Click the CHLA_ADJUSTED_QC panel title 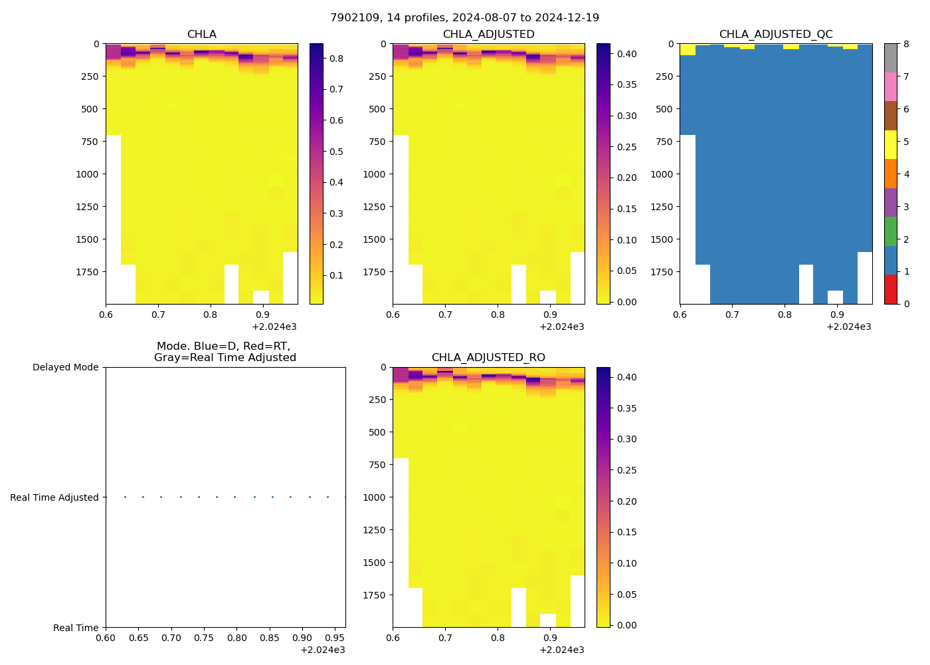click(776, 35)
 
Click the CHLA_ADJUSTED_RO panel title click(488, 358)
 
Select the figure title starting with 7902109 click(464, 18)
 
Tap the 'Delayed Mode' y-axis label click(65, 368)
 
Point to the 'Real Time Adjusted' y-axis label click(54, 497)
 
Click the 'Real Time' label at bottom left click(76, 628)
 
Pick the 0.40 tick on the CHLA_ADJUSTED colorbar click(627, 54)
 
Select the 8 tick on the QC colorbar click(907, 44)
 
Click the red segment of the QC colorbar click(891, 289)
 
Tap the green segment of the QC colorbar click(891, 231)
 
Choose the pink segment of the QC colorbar click(891, 86)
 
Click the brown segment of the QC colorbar click(891, 116)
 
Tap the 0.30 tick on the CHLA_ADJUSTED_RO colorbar click(627, 439)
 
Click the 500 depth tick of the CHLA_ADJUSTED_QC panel click(664, 109)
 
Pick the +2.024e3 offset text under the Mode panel click(322, 650)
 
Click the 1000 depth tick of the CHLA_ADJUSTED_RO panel click(375, 497)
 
